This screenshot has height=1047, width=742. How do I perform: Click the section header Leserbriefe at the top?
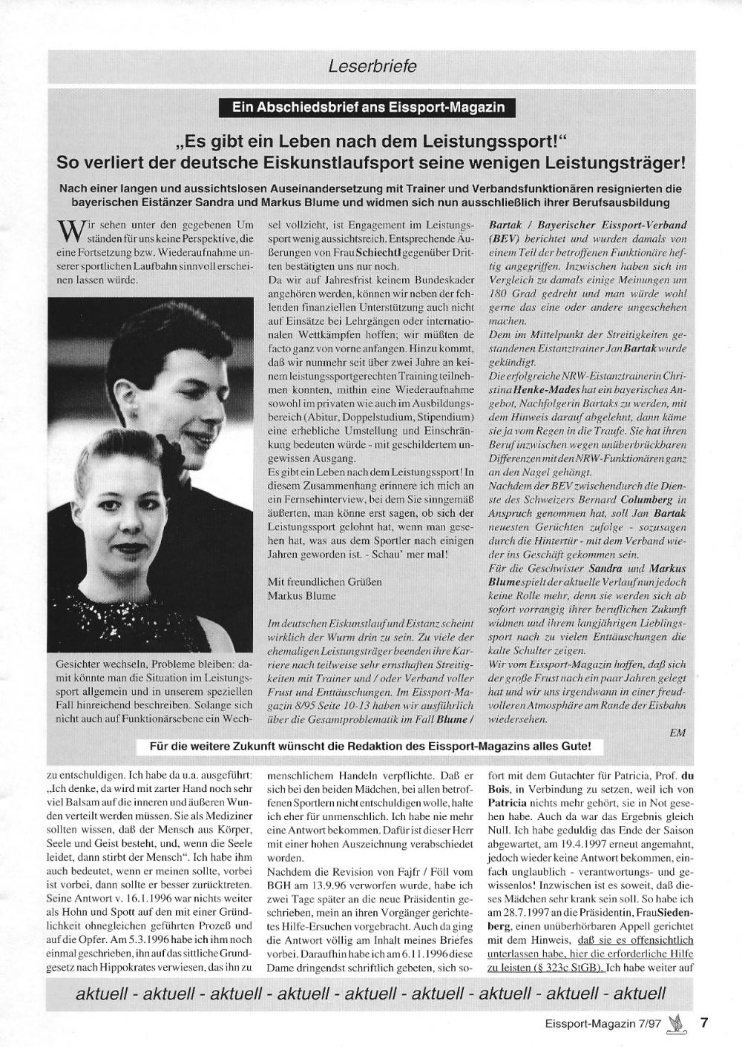tap(372, 66)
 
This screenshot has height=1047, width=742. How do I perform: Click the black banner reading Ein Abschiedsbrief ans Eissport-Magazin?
tap(369, 108)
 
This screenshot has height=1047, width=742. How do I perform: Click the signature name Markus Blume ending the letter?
tap(301, 595)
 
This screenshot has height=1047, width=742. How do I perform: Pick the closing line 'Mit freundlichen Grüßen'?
tap(325, 581)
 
